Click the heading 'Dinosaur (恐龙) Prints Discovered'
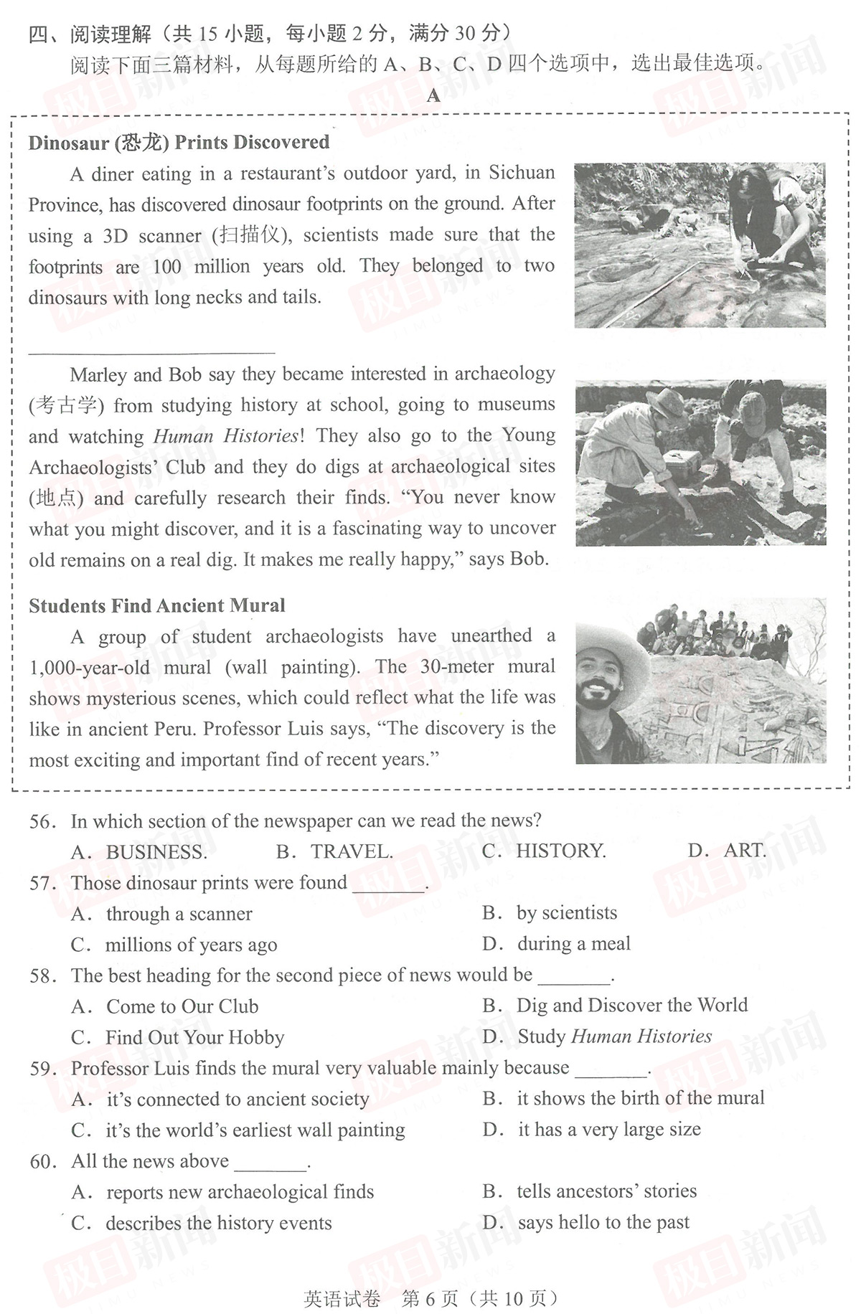click(x=179, y=142)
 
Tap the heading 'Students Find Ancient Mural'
click(x=156, y=605)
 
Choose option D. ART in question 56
click(x=727, y=851)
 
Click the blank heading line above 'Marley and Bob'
click(x=151, y=351)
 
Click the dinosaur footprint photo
click(x=700, y=245)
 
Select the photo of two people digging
click(x=700, y=463)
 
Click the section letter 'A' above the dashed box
click(x=433, y=95)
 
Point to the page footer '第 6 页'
click(x=430, y=1298)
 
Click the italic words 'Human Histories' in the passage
click(x=226, y=436)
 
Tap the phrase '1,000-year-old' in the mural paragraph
click(x=90, y=667)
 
